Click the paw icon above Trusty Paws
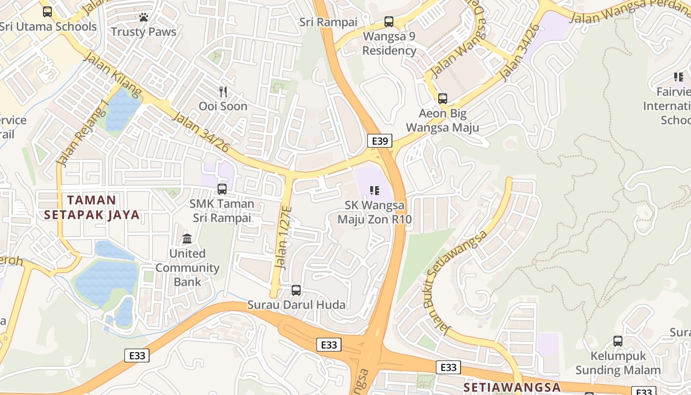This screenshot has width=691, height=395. (144, 18)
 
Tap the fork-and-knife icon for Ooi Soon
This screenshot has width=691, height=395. (223, 91)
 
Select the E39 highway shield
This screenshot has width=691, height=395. (380, 141)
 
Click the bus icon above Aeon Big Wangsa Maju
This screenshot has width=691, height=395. (443, 99)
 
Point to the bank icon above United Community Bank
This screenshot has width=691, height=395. (187, 239)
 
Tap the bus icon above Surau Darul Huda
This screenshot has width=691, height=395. (296, 290)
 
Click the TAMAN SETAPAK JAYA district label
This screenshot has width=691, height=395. (92, 207)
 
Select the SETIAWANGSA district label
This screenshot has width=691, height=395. (512, 387)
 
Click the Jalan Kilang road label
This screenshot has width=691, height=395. (113, 75)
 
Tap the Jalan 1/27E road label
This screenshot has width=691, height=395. (284, 237)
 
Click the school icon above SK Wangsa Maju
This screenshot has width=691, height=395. (375, 190)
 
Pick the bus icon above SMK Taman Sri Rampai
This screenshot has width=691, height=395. (222, 189)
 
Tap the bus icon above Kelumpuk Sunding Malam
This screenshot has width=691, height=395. (617, 341)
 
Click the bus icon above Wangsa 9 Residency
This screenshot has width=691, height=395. (389, 22)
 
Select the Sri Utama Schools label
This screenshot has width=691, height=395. (48, 27)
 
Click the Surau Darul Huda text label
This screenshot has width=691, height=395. (296, 305)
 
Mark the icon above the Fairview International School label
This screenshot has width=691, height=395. (679, 77)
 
